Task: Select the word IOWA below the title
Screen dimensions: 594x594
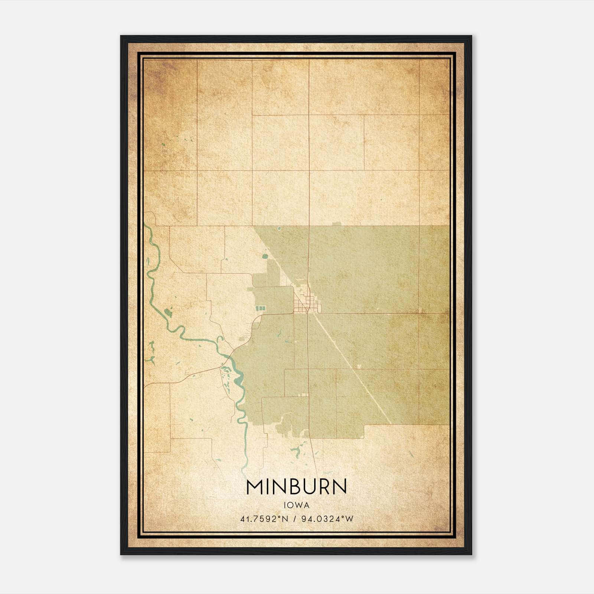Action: pyautogui.click(x=296, y=505)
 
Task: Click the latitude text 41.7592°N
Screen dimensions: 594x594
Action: pyautogui.click(x=264, y=519)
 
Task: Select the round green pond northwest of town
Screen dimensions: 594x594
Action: pyautogui.click(x=265, y=256)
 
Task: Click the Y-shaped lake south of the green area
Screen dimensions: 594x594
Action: pyautogui.click(x=296, y=451)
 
